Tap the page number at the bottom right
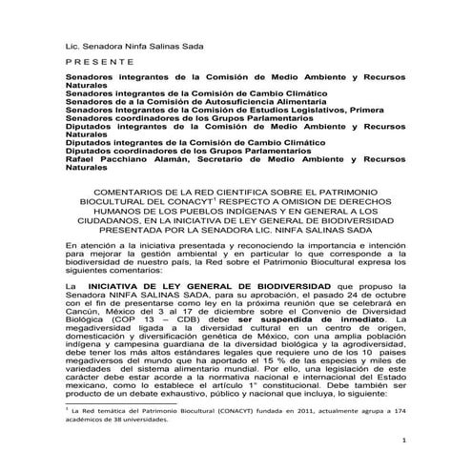point(404,441)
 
